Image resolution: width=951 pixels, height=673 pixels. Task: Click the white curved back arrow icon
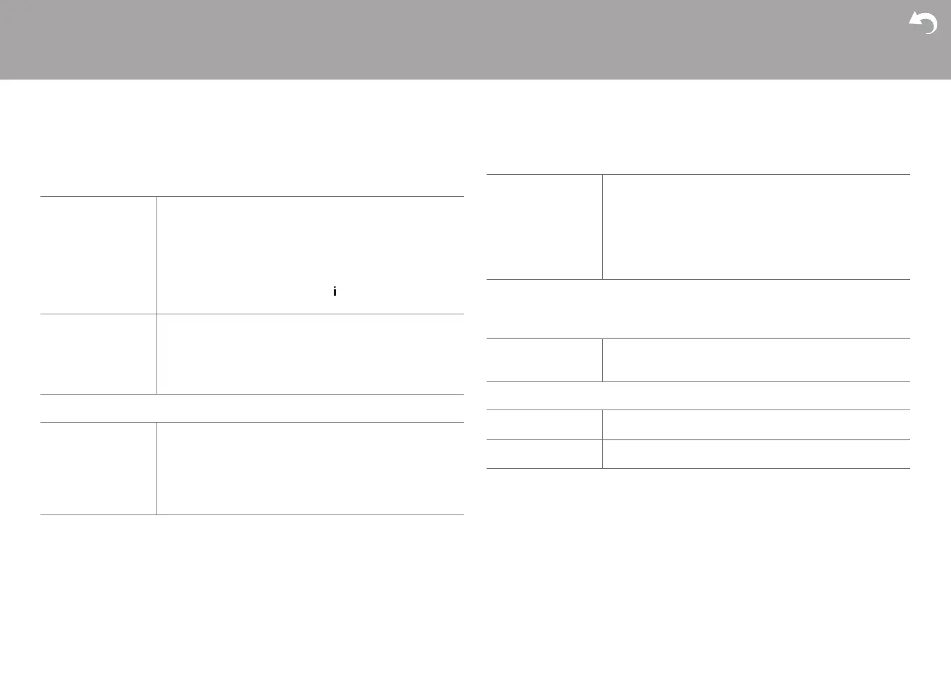[924, 23]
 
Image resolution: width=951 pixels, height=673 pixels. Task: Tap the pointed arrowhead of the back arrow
[913, 22]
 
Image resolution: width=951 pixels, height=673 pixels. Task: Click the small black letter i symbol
[335, 292]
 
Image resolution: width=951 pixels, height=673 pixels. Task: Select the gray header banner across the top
[457, 39]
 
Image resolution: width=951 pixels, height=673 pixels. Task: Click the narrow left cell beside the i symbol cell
[98, 255]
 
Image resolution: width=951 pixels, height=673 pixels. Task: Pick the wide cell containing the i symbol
[310, 255]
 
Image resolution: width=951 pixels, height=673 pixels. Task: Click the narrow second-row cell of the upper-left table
[98, 354]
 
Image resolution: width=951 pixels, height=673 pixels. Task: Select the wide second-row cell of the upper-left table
[310, 354]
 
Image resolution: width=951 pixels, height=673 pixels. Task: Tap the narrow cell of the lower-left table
[98, 468]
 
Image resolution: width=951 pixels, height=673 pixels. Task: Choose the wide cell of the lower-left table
[310, 468]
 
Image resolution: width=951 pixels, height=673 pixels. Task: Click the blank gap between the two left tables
[252, 408]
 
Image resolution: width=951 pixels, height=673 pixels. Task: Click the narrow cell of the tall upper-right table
[544, 227]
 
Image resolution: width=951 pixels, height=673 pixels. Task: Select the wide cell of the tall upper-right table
[755, 227]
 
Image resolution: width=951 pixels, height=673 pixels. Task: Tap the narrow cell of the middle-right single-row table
[544, 360]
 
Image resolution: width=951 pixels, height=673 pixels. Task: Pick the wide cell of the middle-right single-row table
[755, 360]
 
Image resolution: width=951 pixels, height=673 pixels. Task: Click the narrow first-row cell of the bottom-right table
[544, 425]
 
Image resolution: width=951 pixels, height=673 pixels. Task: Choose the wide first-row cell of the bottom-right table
[755, 425]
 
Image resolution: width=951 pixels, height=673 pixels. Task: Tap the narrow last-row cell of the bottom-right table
[544, 454]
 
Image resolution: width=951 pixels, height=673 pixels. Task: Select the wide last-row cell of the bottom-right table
[755, 454]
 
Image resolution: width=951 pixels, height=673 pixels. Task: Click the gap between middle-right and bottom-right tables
[698, 396]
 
